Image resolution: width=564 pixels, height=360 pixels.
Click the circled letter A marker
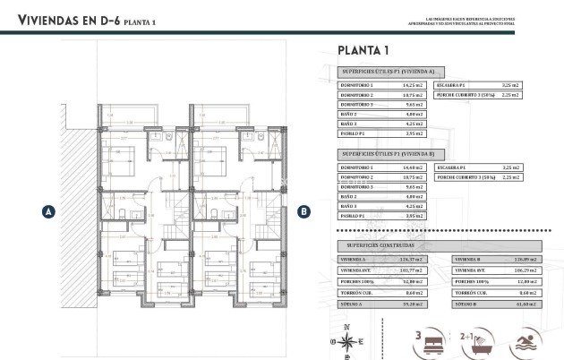49,212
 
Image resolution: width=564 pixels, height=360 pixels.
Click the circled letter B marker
304,212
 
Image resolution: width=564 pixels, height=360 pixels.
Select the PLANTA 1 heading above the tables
364,50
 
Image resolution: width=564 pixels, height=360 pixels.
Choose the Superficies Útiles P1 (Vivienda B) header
387,153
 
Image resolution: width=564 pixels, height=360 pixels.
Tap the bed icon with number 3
426,342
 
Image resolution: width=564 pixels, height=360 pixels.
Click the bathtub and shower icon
472,342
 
